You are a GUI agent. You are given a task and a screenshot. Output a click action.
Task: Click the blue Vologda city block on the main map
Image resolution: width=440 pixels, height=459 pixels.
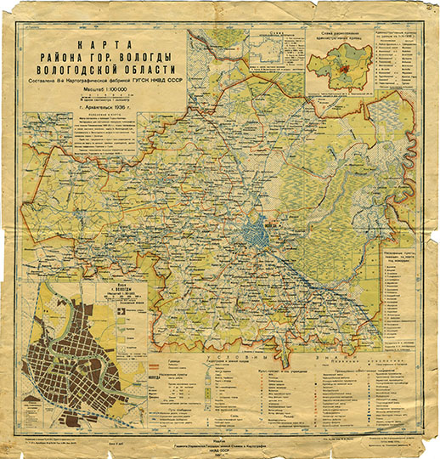[252, 230]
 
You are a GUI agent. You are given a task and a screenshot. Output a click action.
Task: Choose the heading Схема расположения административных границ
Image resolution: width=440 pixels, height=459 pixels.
[343, 37]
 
